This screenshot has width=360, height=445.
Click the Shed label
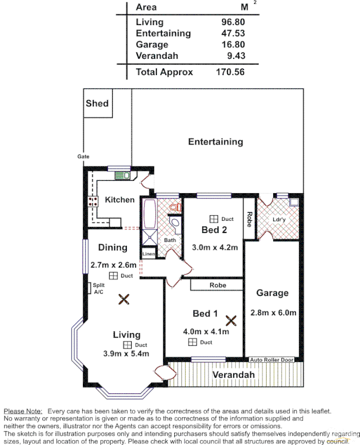(97, 103)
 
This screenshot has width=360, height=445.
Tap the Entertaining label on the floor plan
(215, 141)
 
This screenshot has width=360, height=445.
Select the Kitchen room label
(120, 200)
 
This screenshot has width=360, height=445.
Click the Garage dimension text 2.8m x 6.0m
(273, 313)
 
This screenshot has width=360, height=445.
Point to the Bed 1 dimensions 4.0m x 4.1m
(206, 332)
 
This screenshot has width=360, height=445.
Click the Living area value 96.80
(233, 22)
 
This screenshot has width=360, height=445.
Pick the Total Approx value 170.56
(230, 72)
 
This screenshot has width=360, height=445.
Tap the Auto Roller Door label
(272, 360)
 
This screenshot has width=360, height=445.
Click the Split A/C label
(98, 288)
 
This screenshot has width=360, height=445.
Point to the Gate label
(83, 157)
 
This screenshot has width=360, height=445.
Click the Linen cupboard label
(149, 254)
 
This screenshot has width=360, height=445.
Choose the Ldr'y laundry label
(279, 219)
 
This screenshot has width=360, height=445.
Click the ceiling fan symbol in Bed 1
(231, 320)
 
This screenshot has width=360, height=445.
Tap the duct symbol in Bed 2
(213, 219)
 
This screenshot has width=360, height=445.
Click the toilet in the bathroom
(175, 207)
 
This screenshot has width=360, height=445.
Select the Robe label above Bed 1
(218, 284)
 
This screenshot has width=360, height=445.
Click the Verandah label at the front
(233, 375)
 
